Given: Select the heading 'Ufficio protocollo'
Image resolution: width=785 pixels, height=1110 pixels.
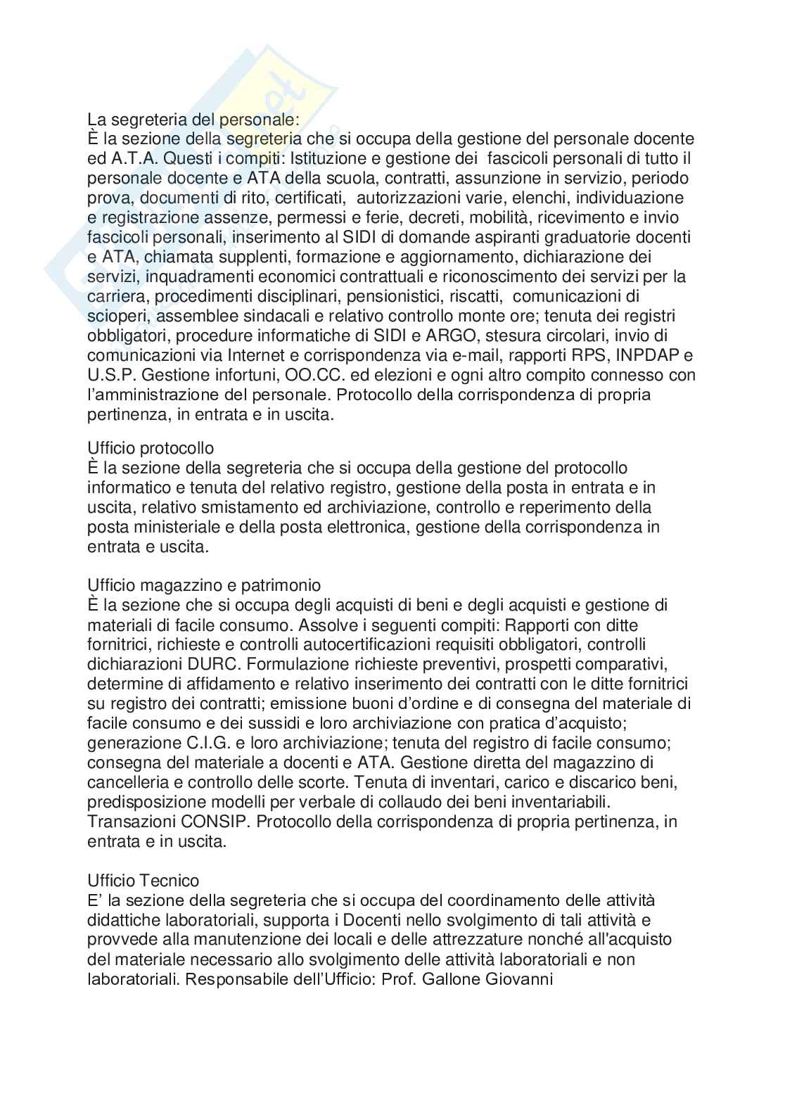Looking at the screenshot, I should click(x=151, y=447).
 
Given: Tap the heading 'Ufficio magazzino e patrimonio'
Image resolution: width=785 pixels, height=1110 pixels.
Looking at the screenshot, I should click(x=204, y=585).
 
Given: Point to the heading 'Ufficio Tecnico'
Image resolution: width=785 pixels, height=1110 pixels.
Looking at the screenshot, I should click(x=143, y=881).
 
